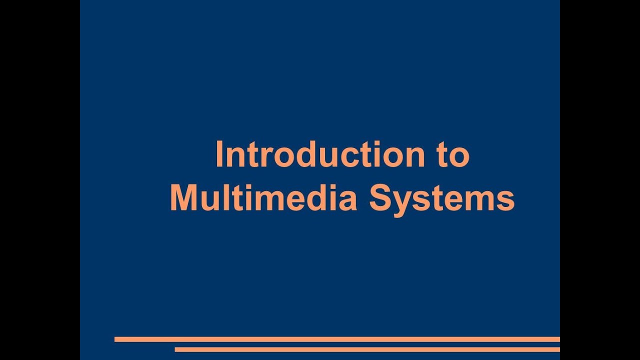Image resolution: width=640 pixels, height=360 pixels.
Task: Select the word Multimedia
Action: point(263,198)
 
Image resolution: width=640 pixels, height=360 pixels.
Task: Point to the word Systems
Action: point(442,198)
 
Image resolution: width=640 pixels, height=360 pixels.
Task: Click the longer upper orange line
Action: point(337,339)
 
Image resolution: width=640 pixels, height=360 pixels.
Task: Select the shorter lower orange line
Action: point(367,349)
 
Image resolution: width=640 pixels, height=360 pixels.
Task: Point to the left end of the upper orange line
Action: point(116,339)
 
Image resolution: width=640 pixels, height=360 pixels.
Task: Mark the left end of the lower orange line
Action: point(176,349)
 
